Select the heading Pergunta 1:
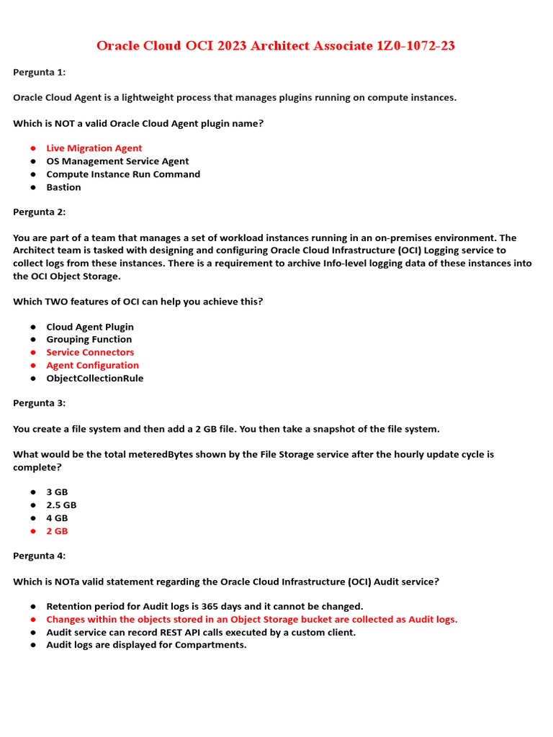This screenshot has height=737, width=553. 39,72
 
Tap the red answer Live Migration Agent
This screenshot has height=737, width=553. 94,148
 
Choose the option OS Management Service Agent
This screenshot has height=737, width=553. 117,161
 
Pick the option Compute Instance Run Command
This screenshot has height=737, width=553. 123,174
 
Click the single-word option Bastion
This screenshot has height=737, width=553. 63,187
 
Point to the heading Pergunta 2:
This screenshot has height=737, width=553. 39,212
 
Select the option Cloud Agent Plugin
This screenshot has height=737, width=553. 90,327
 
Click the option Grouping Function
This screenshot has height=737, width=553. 89,340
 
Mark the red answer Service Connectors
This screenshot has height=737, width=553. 90,353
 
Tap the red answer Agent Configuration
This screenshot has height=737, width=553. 93,366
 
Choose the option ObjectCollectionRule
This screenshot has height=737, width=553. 95,379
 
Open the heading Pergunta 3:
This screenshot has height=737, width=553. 39,403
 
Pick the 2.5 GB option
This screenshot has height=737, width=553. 61,505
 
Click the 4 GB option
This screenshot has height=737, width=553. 57,518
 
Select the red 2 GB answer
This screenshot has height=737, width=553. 57,531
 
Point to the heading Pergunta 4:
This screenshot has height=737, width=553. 39,556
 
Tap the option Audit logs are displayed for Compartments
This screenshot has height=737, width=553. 146,645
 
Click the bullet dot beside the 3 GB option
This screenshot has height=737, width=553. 33,492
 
